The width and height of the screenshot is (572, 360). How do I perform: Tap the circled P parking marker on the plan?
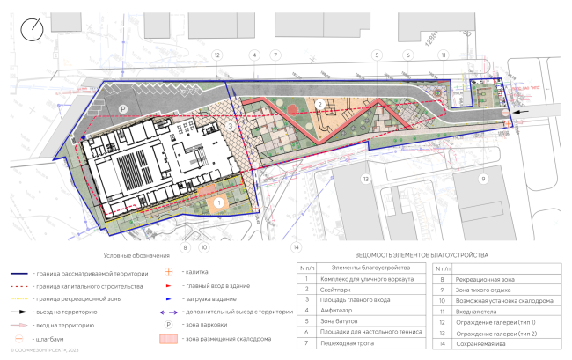tap(122, 108)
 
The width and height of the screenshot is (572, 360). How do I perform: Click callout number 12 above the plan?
tap(215, 55)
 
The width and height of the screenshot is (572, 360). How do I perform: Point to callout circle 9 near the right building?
tap(482, 178)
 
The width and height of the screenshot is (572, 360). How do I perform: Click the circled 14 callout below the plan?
tap(297, 246)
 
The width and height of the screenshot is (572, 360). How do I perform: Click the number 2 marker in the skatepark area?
tap(321, 105)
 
